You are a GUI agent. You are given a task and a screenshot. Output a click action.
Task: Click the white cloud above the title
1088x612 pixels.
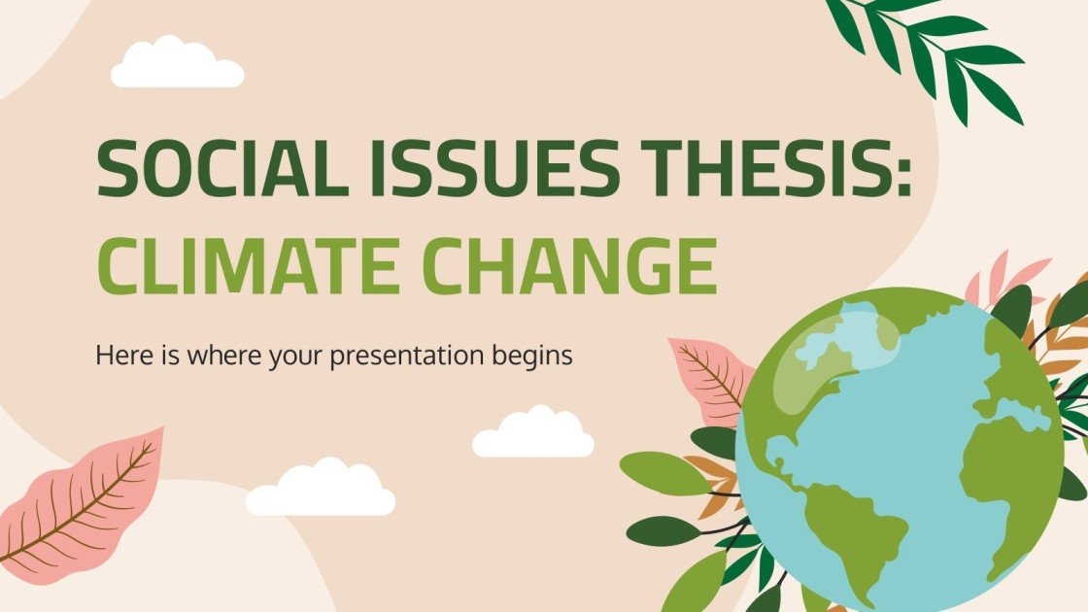177,66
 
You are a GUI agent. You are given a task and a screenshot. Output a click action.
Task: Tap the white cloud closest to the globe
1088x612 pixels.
533,435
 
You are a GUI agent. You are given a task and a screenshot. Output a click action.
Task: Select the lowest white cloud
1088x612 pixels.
321,492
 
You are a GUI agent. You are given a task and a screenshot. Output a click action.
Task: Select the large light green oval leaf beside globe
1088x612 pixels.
665,473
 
